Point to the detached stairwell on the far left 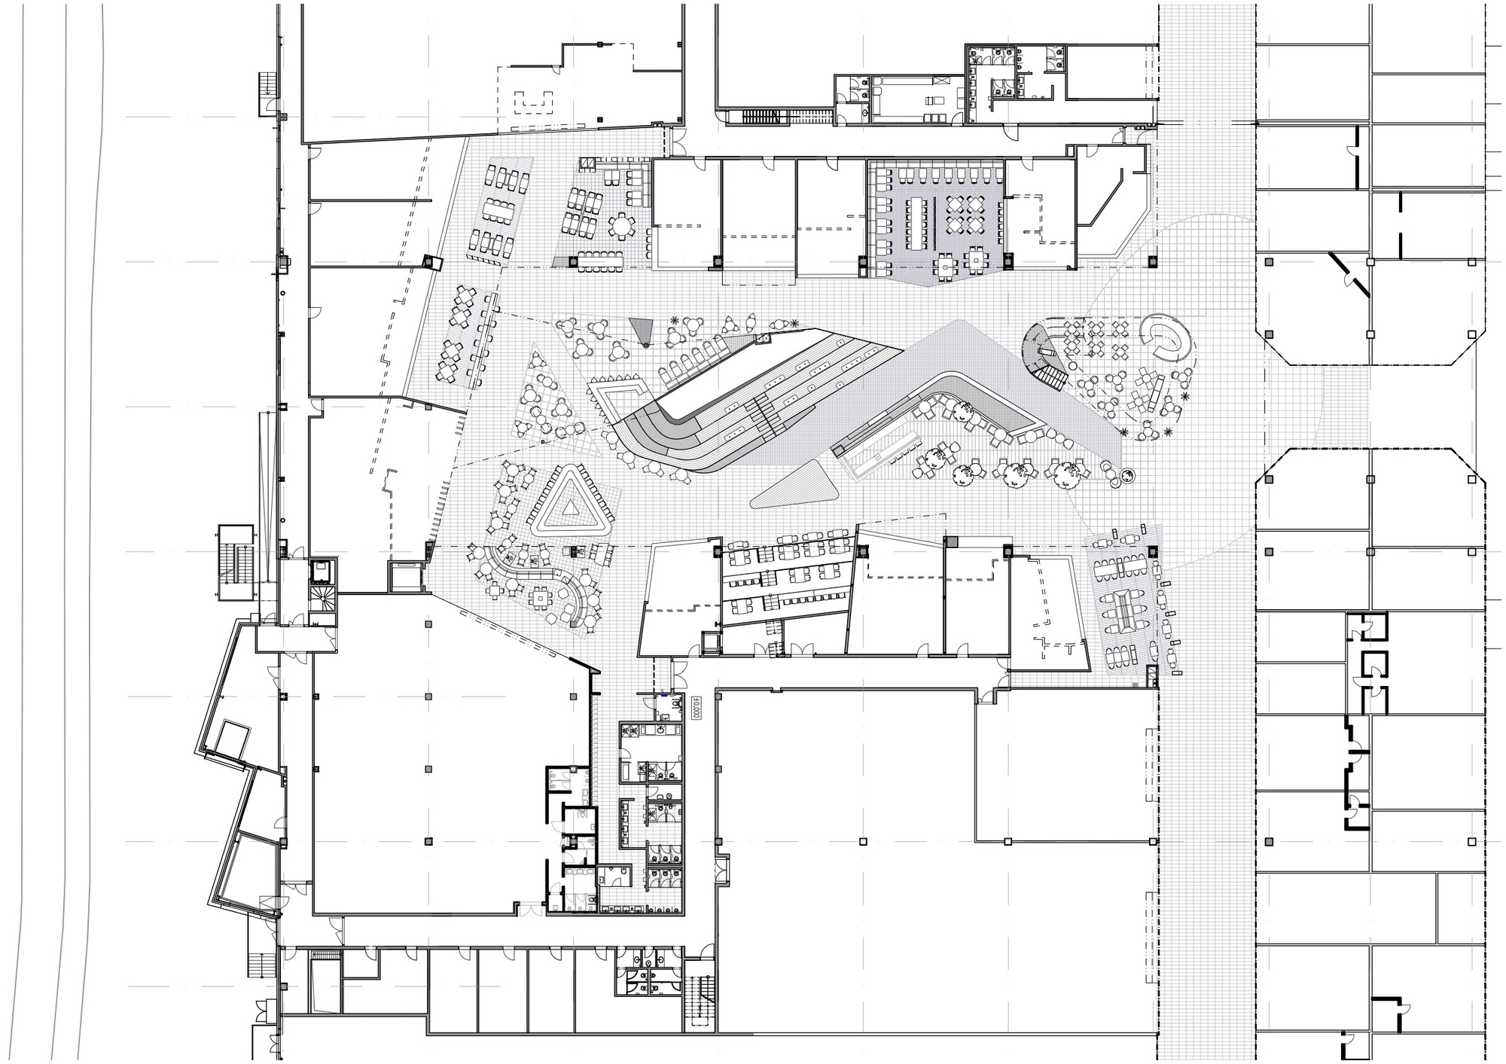[235, 562]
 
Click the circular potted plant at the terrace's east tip [1127, 475]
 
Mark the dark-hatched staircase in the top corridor [761, 117]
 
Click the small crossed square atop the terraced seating [765, 340]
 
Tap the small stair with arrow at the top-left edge [268, 93]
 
